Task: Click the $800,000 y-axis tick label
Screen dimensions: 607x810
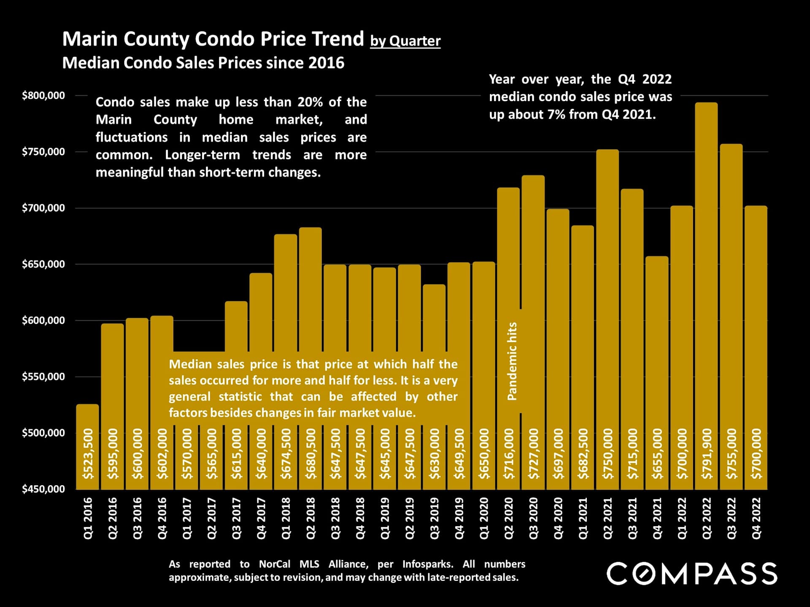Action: click(x=43, y=96)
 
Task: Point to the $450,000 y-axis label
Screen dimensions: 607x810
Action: click(x=43, y=489)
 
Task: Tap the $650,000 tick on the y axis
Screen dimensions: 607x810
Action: click(x=43, y=264)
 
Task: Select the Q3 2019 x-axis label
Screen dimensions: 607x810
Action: click(x=435, y=518)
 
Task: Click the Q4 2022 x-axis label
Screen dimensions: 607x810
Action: click(x=756, y=518)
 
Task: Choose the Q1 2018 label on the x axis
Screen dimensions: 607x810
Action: click(x=286, y=518)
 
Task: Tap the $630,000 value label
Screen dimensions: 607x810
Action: click(x=435, y=454)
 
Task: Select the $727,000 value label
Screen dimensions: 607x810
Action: click(x=534, y=454)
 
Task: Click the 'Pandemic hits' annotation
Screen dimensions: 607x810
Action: click(x=512, y=361)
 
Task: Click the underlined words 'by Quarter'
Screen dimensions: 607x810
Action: click(x=405, y=41)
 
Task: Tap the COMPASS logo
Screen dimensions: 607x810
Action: click(x=692, y=574)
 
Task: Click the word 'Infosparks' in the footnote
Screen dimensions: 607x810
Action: click(x=427, y=564)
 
